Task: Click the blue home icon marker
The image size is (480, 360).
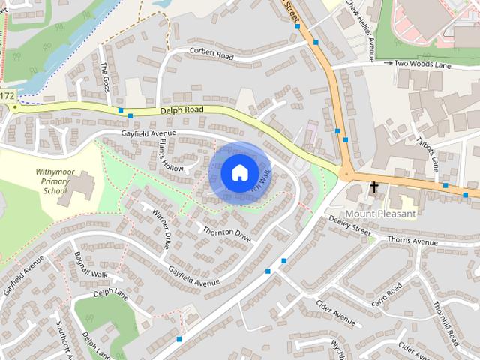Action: (238, 172)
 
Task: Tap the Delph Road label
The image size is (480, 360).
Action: (181, 110)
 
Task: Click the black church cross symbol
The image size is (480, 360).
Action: (373, 187)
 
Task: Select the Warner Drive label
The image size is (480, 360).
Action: (161, 229)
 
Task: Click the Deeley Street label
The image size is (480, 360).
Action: (351, 226)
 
